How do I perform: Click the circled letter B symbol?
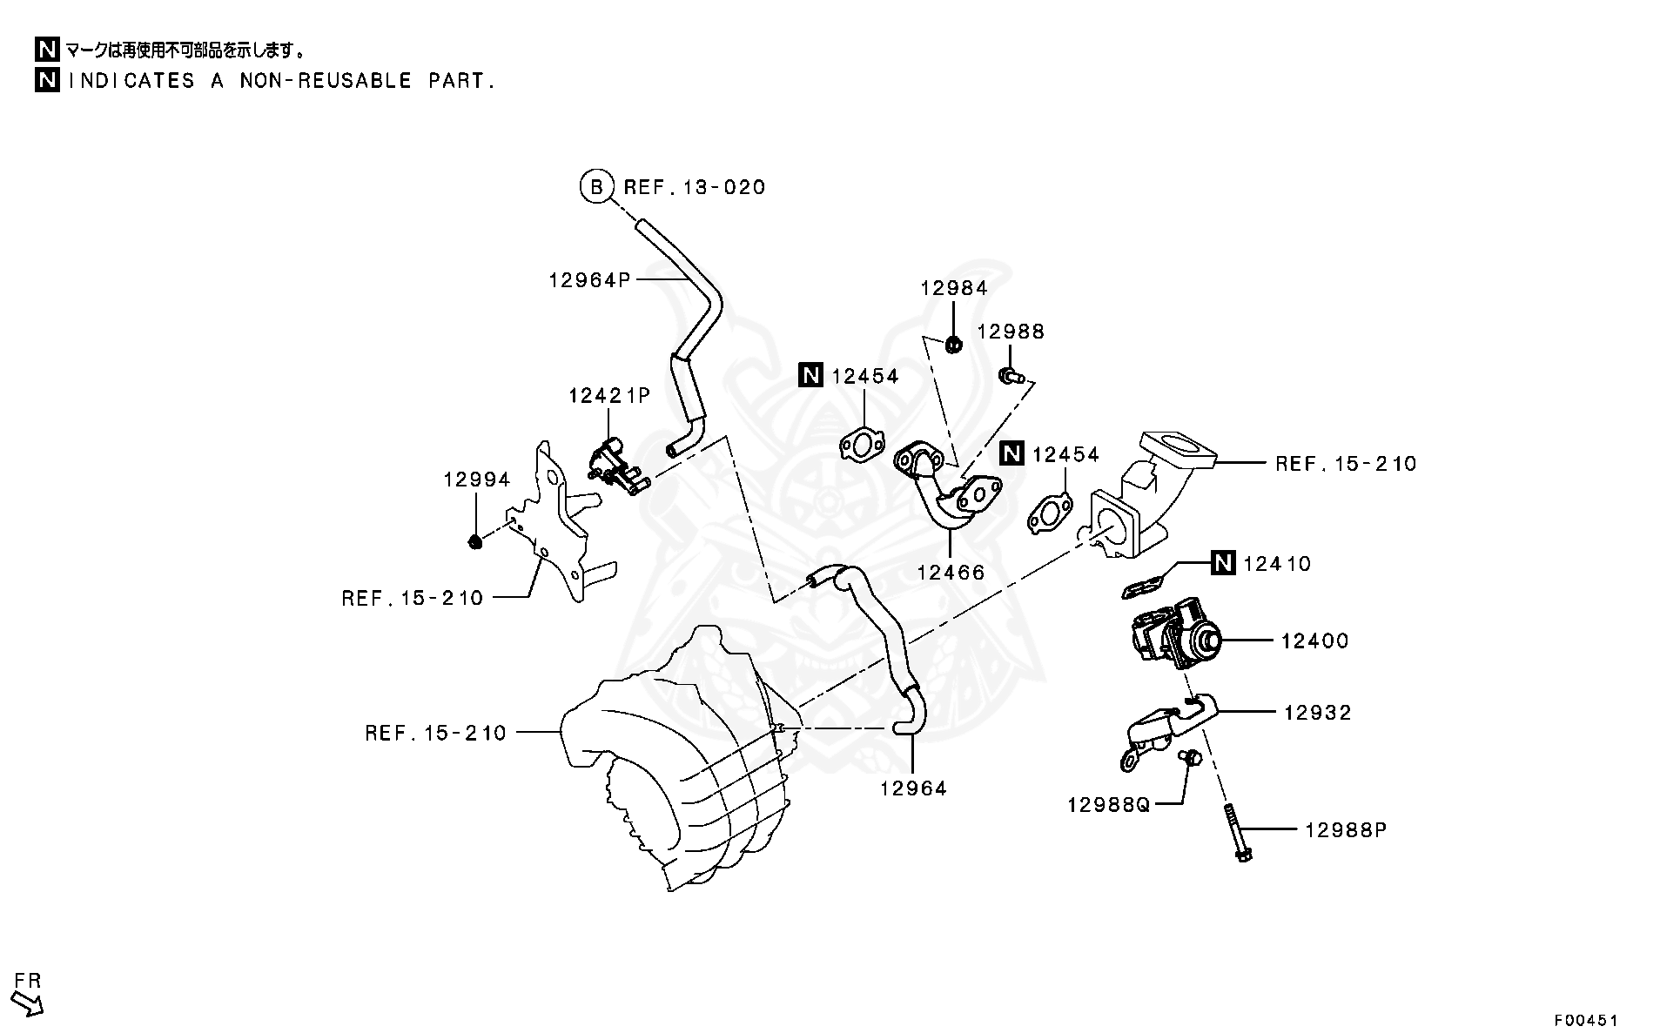tap(596, 187)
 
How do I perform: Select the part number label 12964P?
tap(589, 279)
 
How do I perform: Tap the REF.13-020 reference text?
tap(695, 187)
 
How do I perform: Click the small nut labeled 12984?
tap(953, 345)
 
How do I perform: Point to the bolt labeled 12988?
tap(1010, 376)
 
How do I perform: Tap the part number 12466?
tap(951, 572)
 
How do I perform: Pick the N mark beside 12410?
tap(1224, 563)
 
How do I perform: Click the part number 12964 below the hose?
tap(913, 788)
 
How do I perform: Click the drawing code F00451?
tap(1586, 1019)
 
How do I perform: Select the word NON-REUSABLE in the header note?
tap(325, 81)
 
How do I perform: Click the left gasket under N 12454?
tap(862, 445)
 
